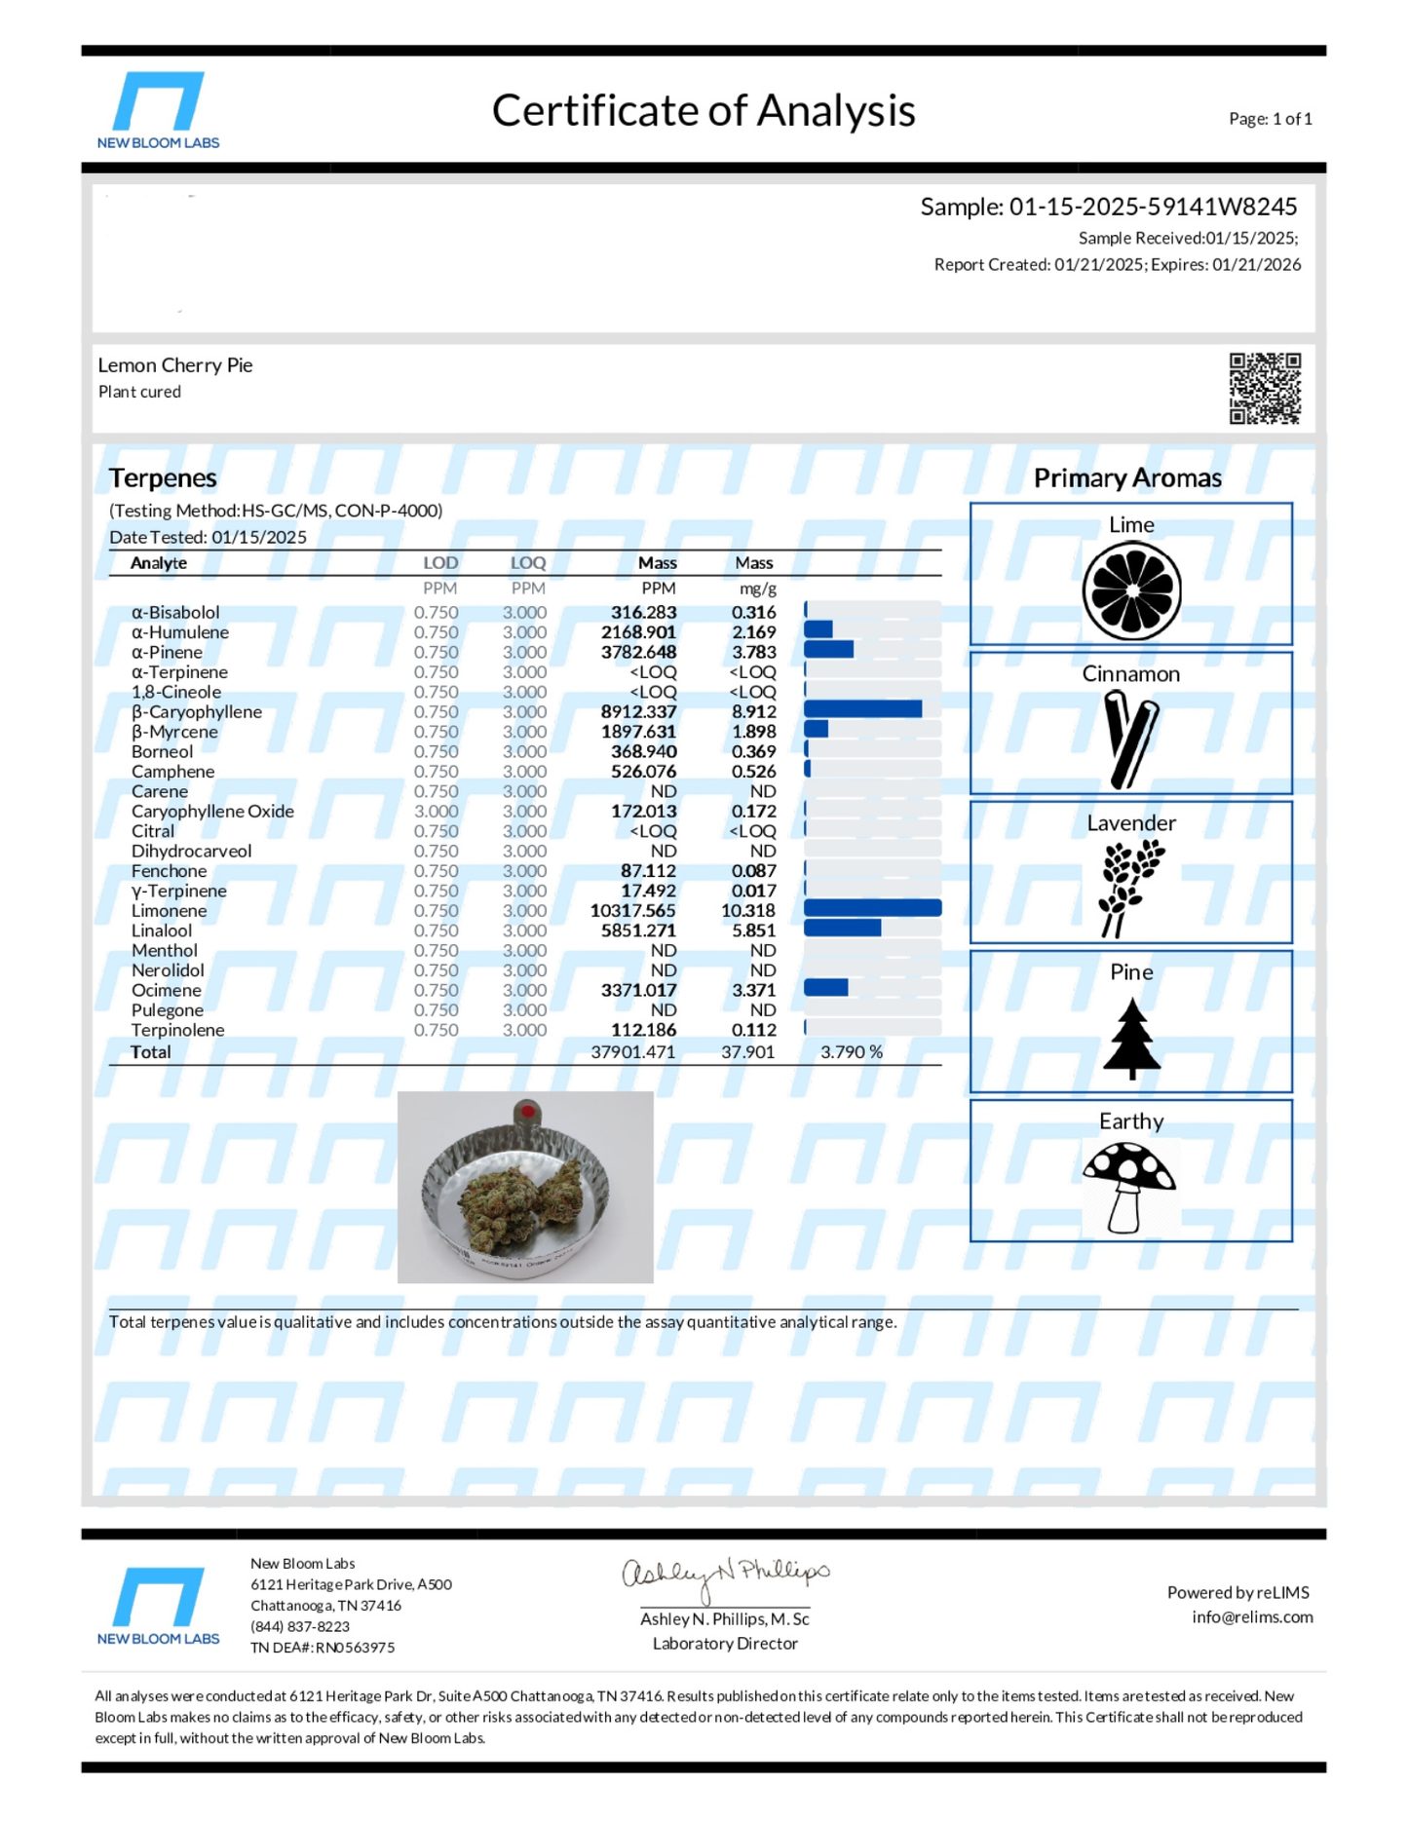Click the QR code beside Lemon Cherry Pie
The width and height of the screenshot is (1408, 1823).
tap(1264, 388)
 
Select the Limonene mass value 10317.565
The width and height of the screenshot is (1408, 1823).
tap(632, 911)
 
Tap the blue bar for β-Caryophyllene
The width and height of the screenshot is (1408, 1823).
tap(862, 709)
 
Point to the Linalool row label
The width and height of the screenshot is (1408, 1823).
tap(162, 930)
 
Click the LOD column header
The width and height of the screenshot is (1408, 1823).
tap(440, 563)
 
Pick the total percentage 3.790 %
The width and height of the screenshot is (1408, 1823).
tap(851, 1052)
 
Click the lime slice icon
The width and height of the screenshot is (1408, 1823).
tap(1131, 590)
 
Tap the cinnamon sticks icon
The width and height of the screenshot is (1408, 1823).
tap(1130, 739)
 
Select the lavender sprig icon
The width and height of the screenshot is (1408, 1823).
tap(1130, 887)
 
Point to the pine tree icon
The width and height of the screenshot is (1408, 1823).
tap(1131, 1038)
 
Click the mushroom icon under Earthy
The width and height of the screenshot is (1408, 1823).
tap(1129, 1185)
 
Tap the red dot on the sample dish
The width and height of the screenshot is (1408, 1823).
tap(527, 1112)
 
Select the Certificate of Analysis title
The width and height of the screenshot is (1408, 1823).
tap(703, 111)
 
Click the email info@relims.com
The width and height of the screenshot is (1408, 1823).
tap(1251, 1617)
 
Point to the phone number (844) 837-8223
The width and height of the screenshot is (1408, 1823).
tap(299, 1626)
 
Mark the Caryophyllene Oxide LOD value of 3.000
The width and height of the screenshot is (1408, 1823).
tap(436, 812)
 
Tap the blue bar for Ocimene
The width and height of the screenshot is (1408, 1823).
tap(825, 988)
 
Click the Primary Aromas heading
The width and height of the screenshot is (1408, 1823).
tap(1127, 478)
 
